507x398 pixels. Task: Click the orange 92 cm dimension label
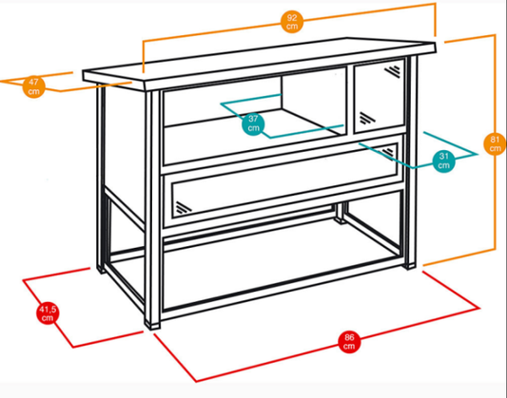click(x=292, y=22)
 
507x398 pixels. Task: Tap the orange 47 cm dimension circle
click(x=33, y=86)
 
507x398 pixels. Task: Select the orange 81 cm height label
click(x=495, y=143)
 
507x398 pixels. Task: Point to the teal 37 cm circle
click(x=253, y=123)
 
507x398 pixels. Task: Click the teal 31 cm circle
click(x=443, y=161)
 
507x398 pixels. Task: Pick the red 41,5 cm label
click(x=48, y=313)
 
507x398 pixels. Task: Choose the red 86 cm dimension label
click(x=349, y=342)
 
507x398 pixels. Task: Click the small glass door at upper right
click(x=380, y=96)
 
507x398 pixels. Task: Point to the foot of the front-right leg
click(x=409, y=265)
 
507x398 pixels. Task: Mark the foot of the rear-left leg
click(x=101, y=269)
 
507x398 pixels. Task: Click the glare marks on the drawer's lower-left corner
click(x=184, y=208)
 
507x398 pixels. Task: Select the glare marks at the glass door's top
click(x=393, y=71)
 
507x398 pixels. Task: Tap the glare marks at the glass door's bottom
click(x=367, y=118)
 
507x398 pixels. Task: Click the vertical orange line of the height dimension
click(x=495, y=142)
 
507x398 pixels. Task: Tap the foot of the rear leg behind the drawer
click(x=339, y=220)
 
